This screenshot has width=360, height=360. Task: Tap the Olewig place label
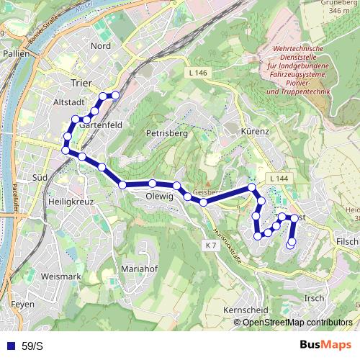pos(159,196)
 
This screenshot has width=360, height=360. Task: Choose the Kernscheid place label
pos(246,309)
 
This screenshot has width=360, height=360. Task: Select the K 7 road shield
pos(210,246)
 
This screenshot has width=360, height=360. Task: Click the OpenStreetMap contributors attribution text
pos(297,322)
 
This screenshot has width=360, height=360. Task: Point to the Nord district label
pos(100,46)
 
